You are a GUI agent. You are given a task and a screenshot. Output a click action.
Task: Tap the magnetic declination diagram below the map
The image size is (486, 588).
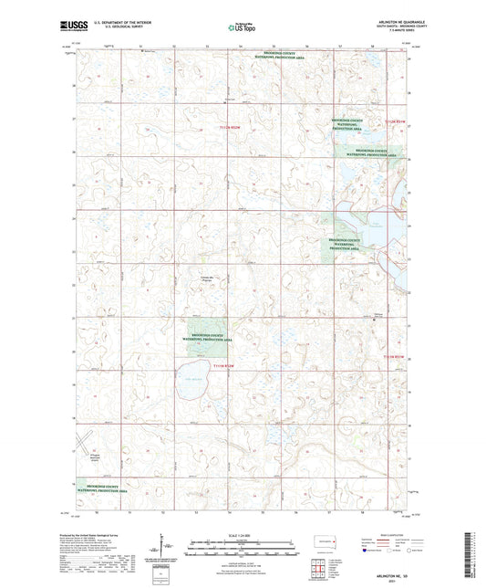coord(169,546)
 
